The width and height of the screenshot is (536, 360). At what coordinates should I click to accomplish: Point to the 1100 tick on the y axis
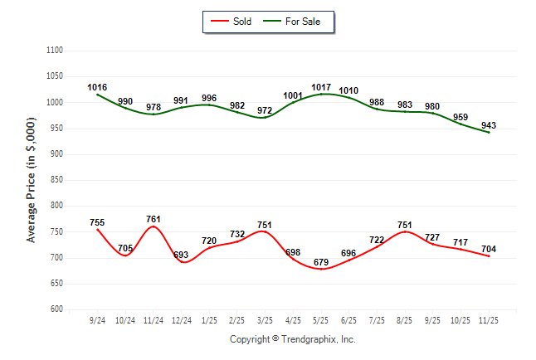click(x=55, y=51)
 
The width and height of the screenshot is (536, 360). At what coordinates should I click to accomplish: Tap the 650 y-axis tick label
click(x=57, y=284)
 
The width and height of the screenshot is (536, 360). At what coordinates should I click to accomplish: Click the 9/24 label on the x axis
click(x=97, y=319)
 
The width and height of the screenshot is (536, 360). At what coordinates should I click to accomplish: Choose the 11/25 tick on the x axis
click(x=489, y=319)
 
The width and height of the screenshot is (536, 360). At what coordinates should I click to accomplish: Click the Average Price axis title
click(x=32, y=179)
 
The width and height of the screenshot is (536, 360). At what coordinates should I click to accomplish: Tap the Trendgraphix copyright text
click(x=292, y=339)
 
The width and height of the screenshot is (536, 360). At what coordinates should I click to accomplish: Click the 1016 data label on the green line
click(x=97, y=87)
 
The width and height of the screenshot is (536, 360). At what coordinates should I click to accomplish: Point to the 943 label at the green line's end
click(x=489, y=125)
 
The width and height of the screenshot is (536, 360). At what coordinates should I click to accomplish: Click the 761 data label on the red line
click(x=153, y=219)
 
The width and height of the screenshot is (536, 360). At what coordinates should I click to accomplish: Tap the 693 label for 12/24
click(x=181, y=255)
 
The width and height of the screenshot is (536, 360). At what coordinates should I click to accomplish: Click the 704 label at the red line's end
click(x=489, y=249)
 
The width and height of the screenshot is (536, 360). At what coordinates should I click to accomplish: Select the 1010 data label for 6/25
click(x=348, y=90)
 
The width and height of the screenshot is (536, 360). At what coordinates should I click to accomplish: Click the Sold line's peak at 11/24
click(x=153, y=226)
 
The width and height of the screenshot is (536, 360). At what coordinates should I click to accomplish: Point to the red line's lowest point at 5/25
click(x=321, y=269)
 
